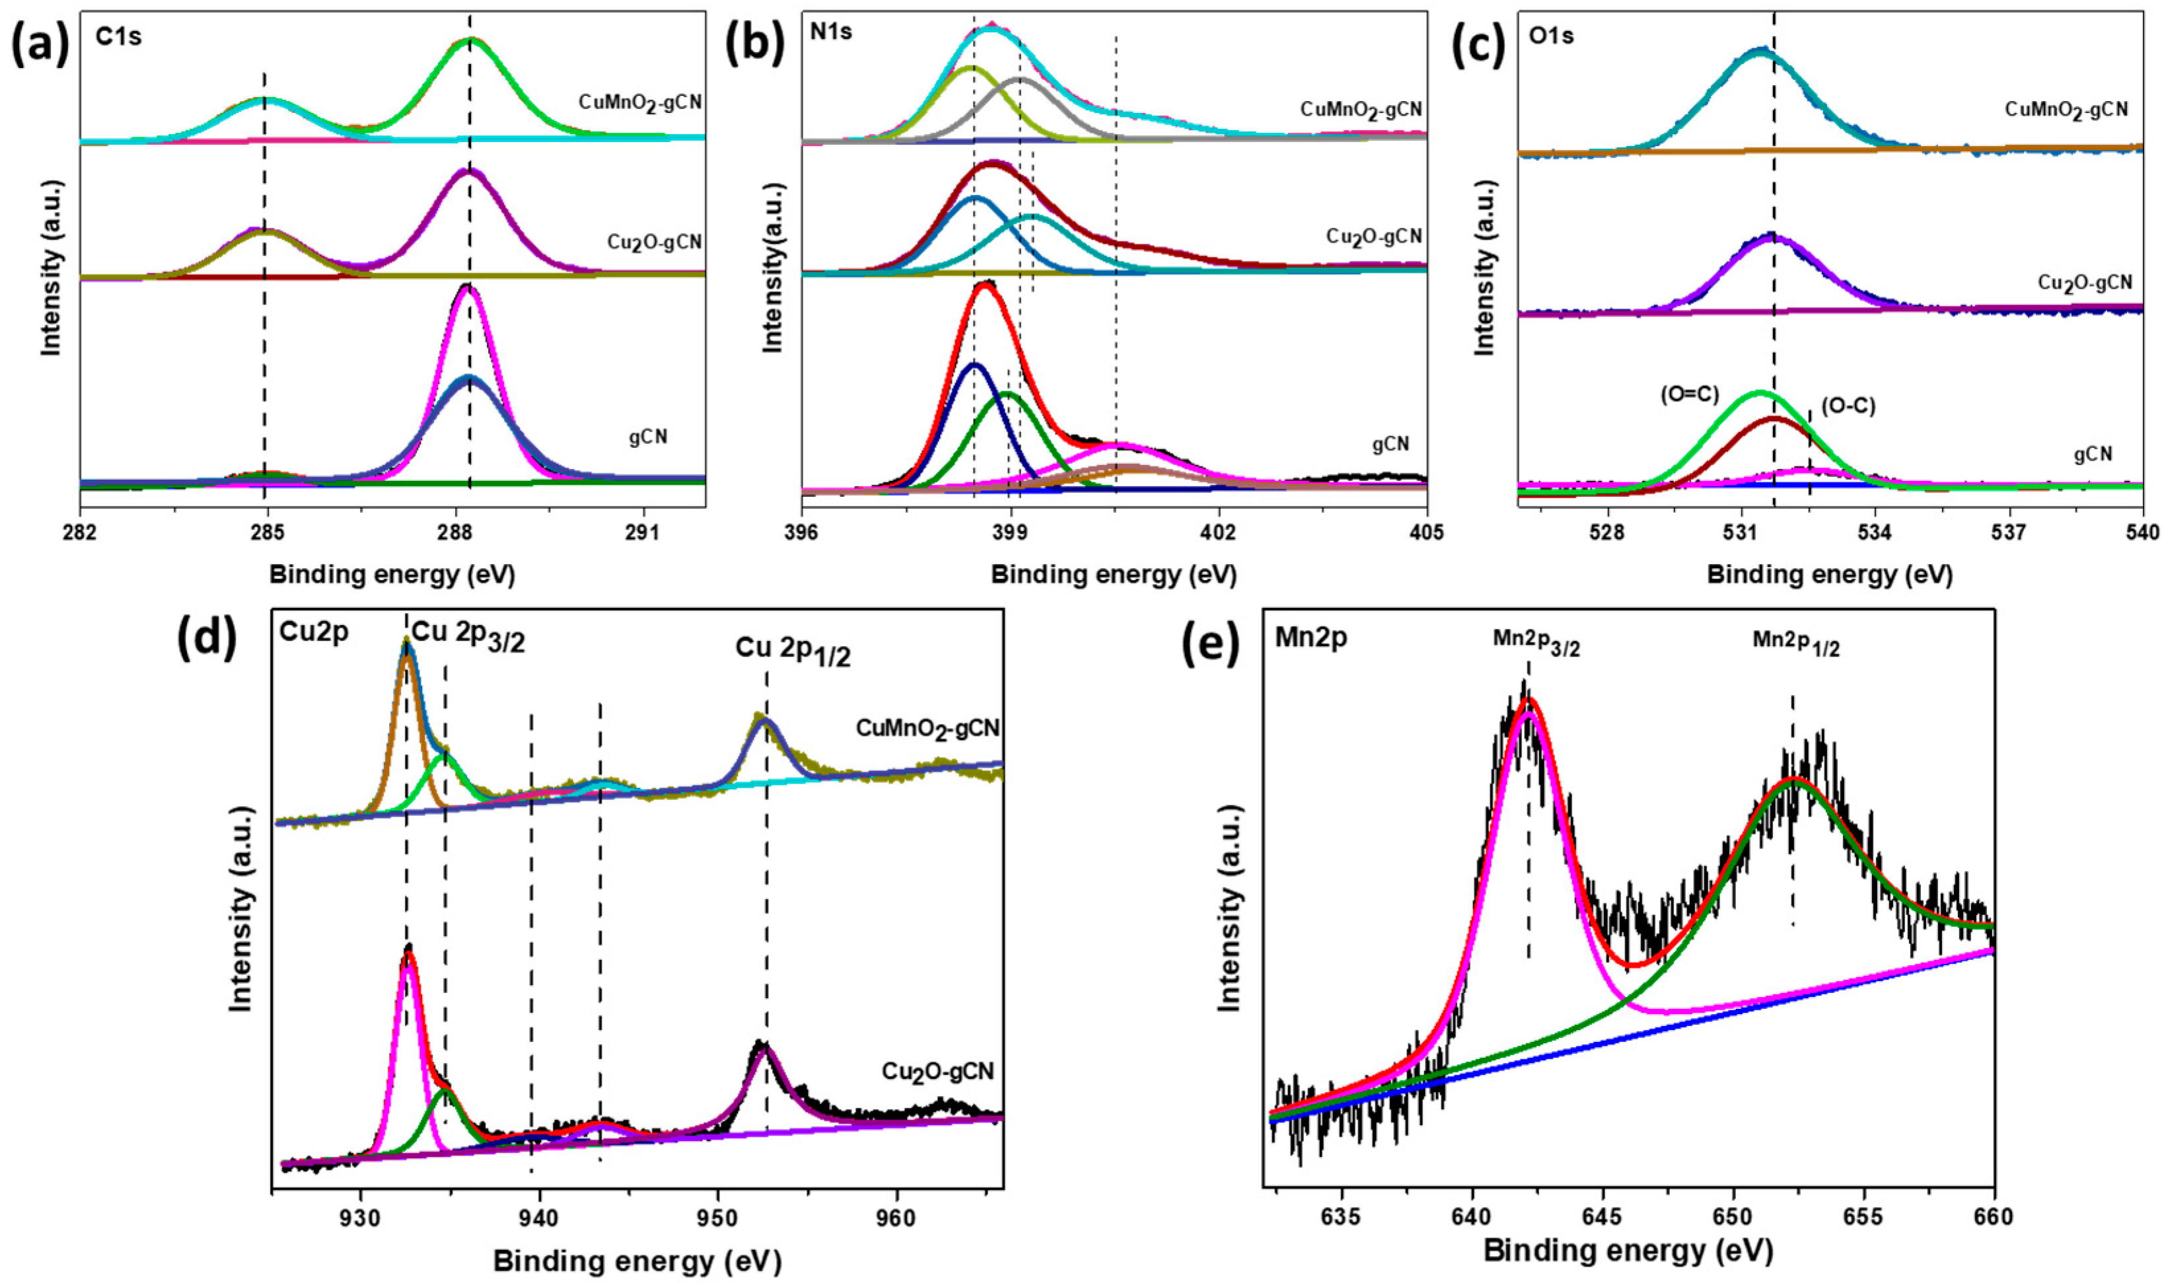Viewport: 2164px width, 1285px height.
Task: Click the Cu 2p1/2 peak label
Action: click(x=793, y=651)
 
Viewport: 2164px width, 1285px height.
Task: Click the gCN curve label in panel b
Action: click(x=1390, y=444)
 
